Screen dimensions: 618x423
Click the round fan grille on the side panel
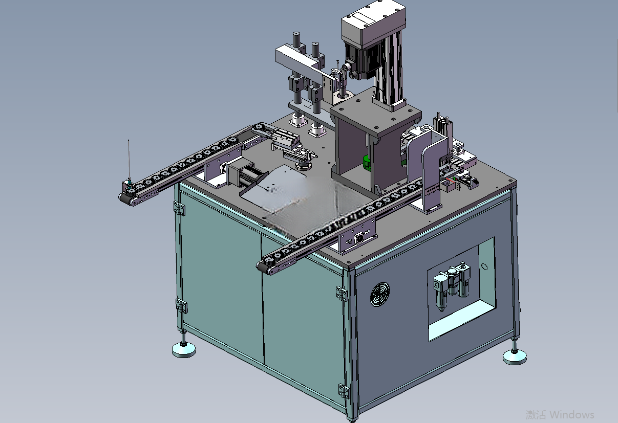click(x=380, y=294)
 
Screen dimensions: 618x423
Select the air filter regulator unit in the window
click(x=452, y=286)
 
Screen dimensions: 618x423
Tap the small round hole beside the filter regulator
click(x=484, y=266)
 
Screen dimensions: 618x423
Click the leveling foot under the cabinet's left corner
click(x=184, y=349)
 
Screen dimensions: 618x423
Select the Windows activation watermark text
click(x=560, y=414)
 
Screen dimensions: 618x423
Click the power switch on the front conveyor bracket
click(x=359, y=237)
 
